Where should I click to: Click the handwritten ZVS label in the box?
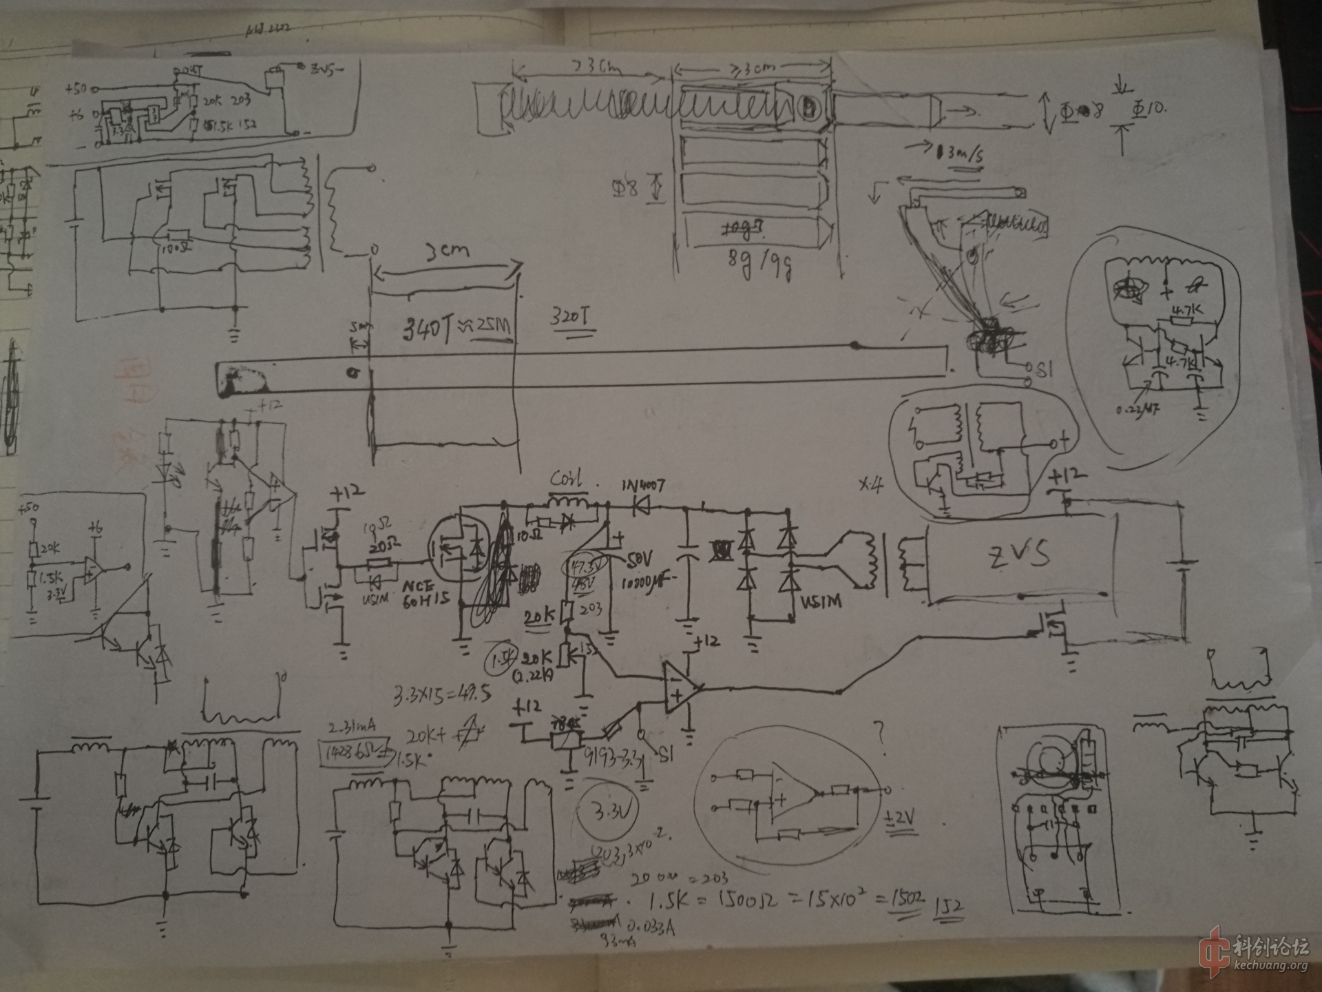point(1019,555)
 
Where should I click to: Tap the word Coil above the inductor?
point(566,478)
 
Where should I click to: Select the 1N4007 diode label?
point(643,486)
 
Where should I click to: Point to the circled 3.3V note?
point(608,812)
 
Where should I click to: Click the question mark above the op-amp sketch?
point(879,731)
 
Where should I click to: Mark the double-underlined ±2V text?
point(901,819)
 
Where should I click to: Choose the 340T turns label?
point(428,331)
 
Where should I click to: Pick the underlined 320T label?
point(570,318)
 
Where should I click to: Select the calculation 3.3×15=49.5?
point(442,695)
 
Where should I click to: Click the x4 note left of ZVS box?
point(871,485)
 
